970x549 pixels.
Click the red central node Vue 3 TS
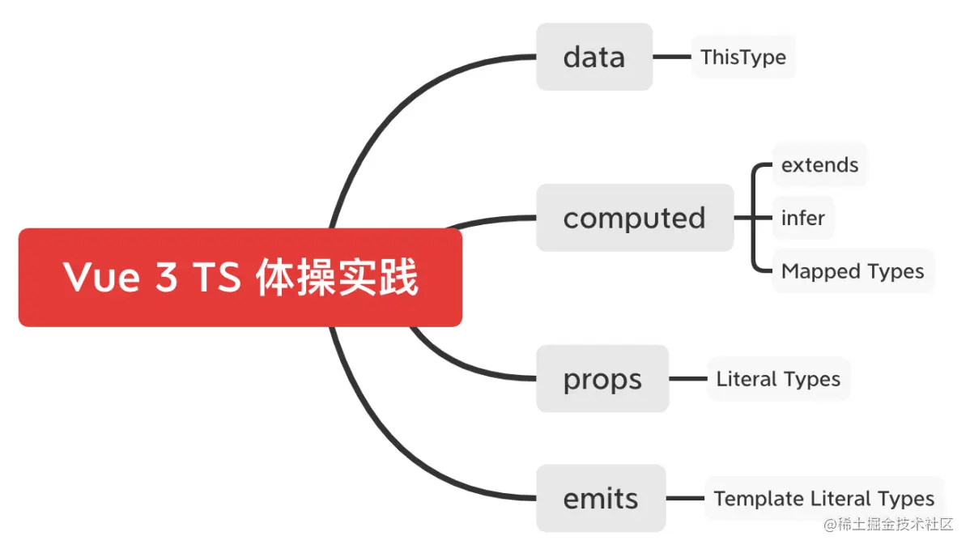240,278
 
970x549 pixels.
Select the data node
593,57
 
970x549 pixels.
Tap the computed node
634,218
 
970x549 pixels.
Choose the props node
602,379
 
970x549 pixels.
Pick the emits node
600,498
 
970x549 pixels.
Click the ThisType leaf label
742,57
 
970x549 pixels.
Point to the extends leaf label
819,165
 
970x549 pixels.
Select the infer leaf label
802,218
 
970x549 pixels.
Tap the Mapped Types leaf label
852,271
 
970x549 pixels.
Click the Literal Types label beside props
777,379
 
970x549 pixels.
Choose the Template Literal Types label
823,499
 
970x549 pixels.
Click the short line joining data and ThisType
671,57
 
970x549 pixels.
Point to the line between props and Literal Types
687,379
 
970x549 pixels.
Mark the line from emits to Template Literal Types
685,499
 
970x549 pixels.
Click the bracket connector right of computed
754,218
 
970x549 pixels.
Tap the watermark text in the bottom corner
888,524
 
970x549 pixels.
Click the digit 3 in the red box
166,278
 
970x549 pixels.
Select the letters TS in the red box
216,278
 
